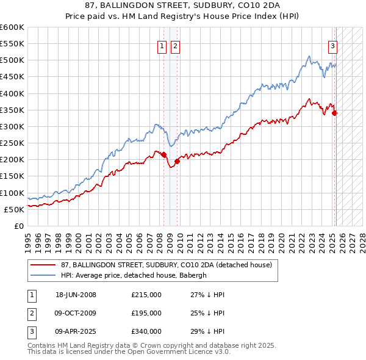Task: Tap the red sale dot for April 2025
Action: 335,113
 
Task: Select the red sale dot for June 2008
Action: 164,154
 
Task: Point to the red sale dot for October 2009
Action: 178,161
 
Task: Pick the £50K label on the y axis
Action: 14,209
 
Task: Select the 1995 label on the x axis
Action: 28,238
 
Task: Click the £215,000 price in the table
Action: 146,295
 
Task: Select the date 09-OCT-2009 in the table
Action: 76,313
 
